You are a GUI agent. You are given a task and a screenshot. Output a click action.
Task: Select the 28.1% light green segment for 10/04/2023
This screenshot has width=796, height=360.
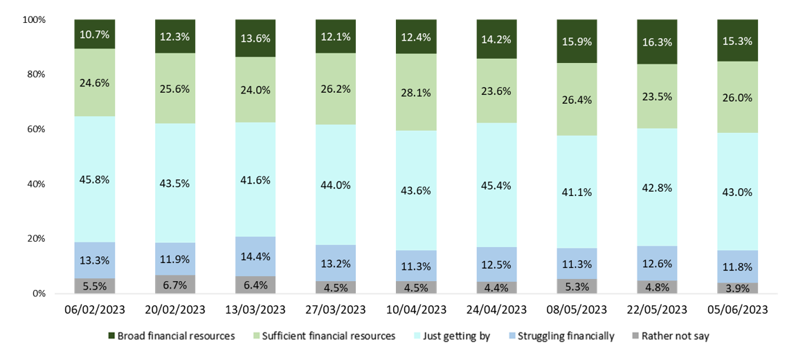click(416, 92)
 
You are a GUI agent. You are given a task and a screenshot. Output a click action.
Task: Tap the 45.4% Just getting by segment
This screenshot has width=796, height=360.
click(496, 185)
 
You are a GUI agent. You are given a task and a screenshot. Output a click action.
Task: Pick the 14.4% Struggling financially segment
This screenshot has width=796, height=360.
click(255, 256)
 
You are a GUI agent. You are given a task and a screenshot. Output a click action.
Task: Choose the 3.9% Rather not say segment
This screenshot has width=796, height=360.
click(737, 287)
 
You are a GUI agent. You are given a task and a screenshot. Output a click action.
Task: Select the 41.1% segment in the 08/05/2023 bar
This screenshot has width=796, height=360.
click(577, 192)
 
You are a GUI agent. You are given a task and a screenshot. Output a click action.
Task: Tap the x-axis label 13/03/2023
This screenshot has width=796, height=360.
click(255, 309)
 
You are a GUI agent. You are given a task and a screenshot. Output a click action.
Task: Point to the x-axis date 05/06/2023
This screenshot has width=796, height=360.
click(737, 309)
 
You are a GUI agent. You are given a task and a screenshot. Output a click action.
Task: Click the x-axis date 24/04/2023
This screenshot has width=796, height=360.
click(496, 309)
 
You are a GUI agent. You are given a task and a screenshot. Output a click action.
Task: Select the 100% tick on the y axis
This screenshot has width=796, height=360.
click(34, 20)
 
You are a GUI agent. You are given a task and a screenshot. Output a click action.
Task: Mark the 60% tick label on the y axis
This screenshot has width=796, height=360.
click(37, 129)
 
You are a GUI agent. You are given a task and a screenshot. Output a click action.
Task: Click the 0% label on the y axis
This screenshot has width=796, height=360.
click(39, 294)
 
